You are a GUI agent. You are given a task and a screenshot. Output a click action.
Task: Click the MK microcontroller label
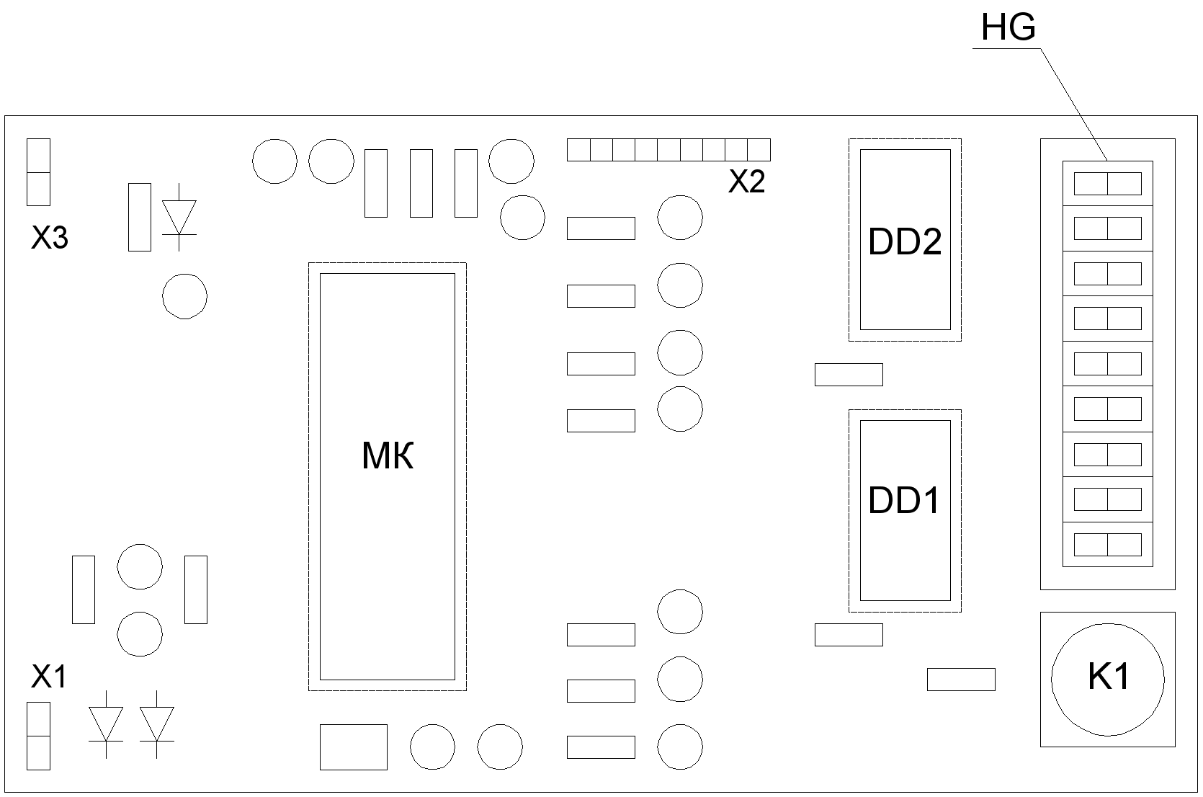coord(388,456)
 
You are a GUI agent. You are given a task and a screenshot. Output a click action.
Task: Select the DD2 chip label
coord(905,242)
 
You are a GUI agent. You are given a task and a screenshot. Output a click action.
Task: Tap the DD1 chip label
coord(904,501)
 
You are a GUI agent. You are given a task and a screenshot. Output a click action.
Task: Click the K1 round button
coord(1107,678)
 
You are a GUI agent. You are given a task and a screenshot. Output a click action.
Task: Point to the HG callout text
coord(1009,28)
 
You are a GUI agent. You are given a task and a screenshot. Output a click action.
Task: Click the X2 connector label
coord(746,182)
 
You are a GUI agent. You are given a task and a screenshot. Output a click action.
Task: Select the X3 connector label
coord(50,238)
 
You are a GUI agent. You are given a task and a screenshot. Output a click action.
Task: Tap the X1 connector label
coord(49,677)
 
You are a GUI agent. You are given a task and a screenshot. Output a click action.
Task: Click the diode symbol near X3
coord(179,217)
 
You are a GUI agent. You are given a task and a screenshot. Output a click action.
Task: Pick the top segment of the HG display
coord(1107,184)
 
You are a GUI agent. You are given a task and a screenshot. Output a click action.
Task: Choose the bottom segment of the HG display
coord(1107,544)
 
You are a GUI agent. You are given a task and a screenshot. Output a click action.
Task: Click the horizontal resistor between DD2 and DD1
coord(849,375)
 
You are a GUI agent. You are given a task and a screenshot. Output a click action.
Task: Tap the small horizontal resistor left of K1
coord(961,680)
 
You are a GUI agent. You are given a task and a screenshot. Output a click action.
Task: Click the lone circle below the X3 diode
coord(184,296)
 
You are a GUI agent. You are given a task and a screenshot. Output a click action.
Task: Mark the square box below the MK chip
coord(354,747)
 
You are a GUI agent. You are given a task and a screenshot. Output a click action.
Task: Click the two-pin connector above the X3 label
coord(38,172)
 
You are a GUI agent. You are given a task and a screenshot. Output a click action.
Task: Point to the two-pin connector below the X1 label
coord(38,736)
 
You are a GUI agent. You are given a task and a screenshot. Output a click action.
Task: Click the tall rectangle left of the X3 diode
coord(140,217)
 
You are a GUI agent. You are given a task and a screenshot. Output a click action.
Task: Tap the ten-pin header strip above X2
coord(668,150)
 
